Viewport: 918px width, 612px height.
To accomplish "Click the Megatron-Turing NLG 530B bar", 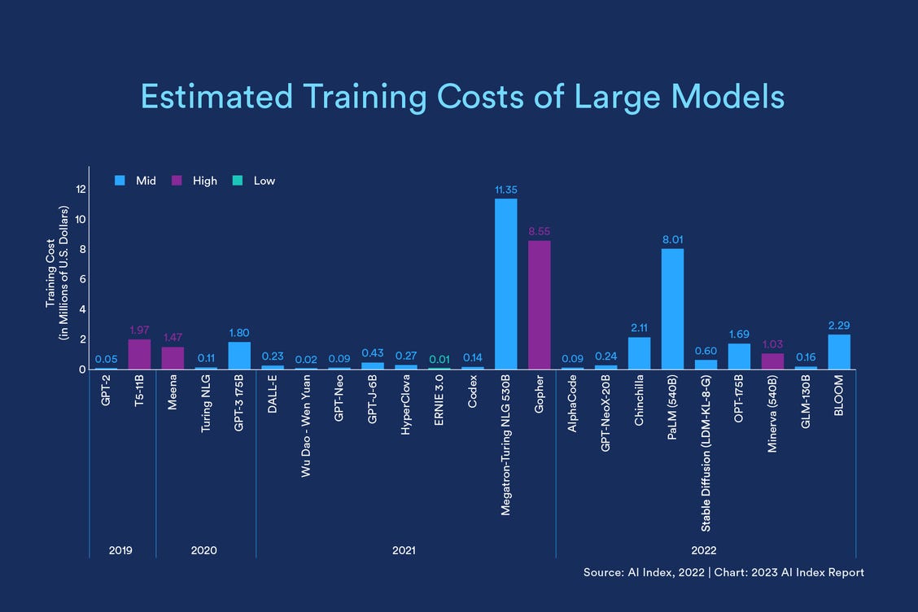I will click(505, 284).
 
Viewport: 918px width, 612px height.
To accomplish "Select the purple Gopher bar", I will click(539, 305).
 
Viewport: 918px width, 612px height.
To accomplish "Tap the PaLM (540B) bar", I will click(671, 309).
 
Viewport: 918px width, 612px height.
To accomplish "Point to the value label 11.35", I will click(505, 190).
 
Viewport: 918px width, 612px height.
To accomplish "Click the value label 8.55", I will click(539, 231).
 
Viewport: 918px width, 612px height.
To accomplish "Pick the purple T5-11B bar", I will click(139, 355).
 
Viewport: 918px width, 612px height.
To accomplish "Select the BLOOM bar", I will click(838, 352).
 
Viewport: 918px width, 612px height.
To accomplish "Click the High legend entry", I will click(196, 181).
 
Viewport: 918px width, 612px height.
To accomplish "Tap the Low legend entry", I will click(256, 181).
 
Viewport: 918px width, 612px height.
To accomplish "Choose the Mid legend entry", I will click(137, 181).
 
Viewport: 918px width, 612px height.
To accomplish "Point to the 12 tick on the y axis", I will click(81, 189).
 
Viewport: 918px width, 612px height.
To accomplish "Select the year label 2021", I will click(404, 551).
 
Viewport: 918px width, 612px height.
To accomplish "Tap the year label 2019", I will click(120, 551).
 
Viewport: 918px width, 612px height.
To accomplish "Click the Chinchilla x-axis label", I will click(640, 400).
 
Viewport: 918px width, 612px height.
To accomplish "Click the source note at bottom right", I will click(723, 573).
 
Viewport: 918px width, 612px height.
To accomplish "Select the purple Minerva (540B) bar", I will click(772, 361).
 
